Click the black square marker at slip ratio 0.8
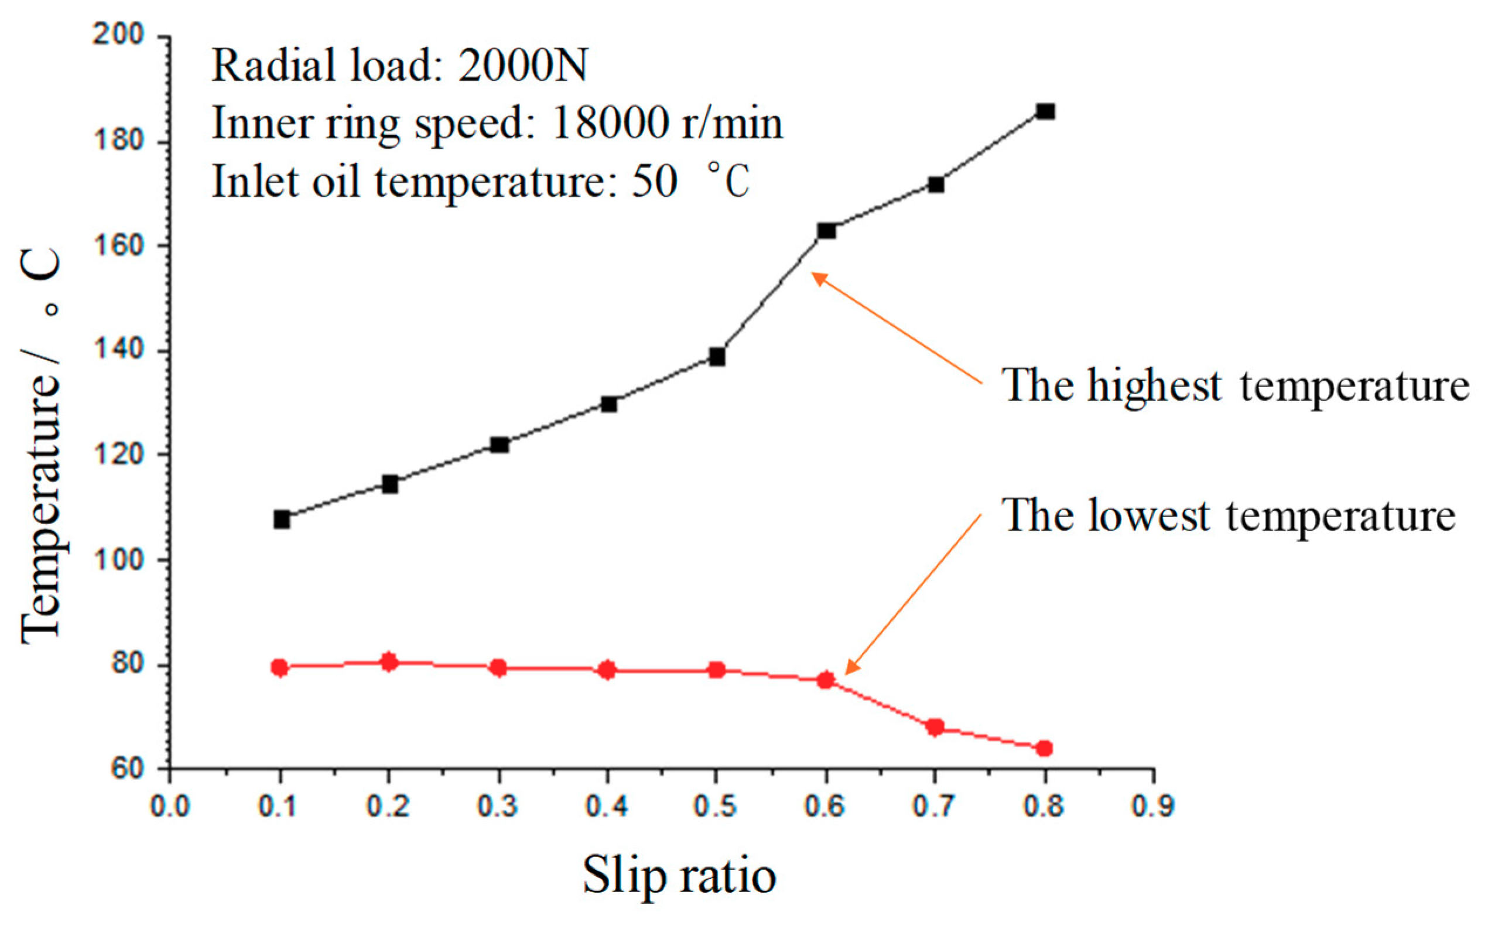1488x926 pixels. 1045,111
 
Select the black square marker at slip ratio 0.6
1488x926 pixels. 827,231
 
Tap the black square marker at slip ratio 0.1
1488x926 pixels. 282,520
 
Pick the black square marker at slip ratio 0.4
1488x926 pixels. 608,404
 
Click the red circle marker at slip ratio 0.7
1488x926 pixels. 935,727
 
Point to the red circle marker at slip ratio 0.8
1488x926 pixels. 1045,749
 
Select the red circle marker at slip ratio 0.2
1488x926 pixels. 389,662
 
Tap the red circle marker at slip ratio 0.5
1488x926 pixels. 717,670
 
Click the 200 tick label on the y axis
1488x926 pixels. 118,35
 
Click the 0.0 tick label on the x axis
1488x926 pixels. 170,806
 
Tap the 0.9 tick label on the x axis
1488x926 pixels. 1153,806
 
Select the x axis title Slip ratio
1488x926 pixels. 679,876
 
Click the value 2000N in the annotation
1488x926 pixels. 522,66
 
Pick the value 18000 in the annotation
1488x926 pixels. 609,123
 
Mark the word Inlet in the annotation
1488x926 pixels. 256,182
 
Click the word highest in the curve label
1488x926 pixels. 1154,387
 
